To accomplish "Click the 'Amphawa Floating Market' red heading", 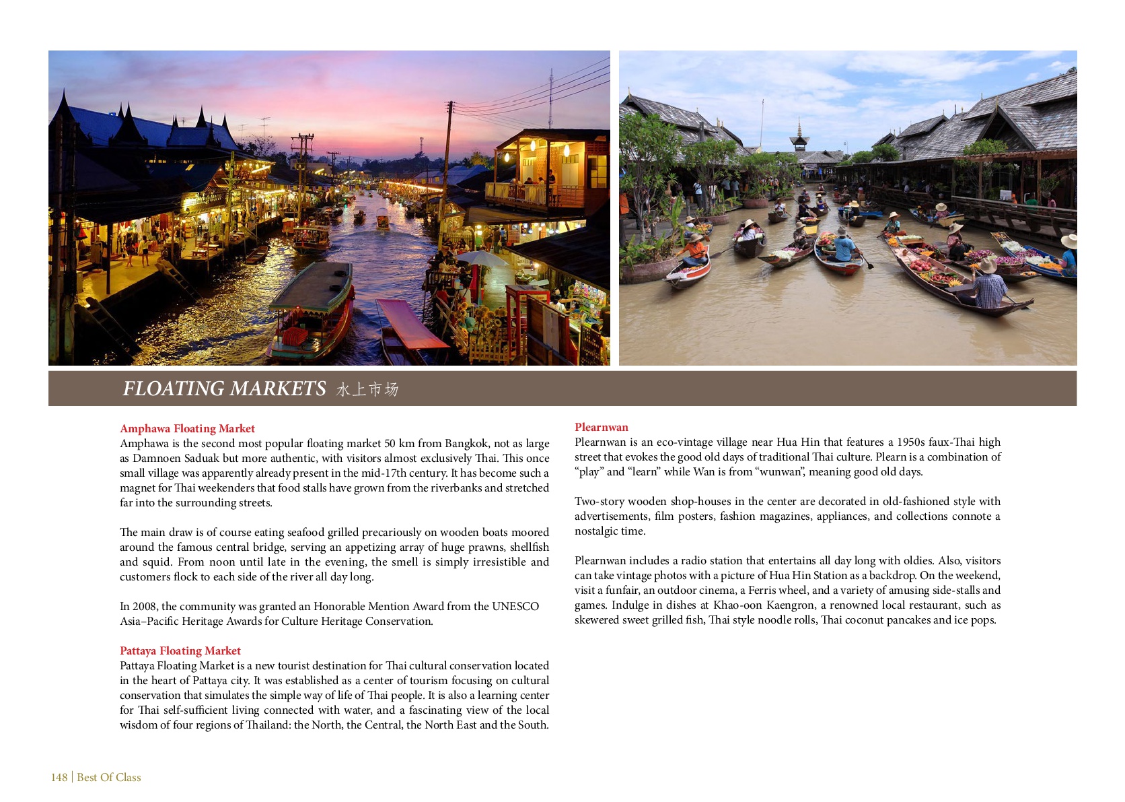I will coord(187,428).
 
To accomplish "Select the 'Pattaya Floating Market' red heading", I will coord(180,650).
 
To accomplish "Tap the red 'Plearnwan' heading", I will coord(601,427).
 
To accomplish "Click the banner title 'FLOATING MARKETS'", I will coord(224,389).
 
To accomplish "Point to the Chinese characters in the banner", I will coord(367,390).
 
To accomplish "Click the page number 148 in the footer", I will coord(59,777).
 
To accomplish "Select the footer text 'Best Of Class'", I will coord(109,777).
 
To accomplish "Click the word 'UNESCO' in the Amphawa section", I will coord(515,606).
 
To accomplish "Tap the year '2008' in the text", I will coord(144,606).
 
